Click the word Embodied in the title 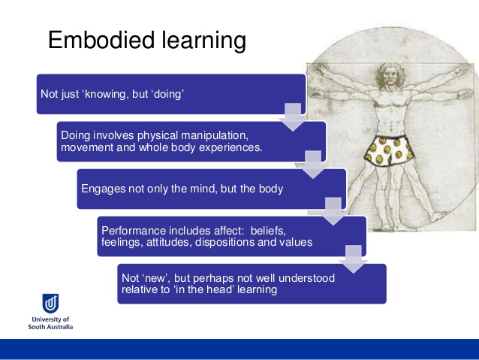click(99, 41)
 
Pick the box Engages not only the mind click(211, 189)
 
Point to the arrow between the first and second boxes click(291, 119)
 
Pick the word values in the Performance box click(297, 242)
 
